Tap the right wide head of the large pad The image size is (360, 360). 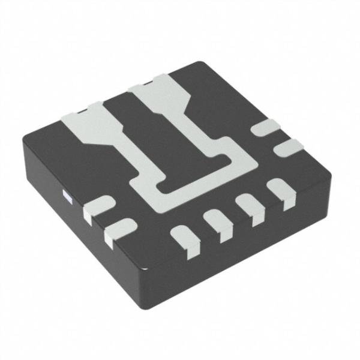157,95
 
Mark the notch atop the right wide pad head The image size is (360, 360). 146,79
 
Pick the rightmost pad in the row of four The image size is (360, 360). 280,193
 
